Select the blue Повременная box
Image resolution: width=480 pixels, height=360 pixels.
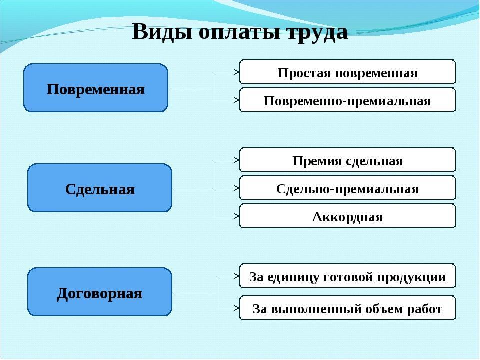click(x=96, y=88)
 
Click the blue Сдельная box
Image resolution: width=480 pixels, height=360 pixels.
click(x=100, y=188)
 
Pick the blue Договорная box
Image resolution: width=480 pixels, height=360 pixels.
click(x=100, y=292)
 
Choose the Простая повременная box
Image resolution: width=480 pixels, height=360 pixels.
click(x=348, y=72)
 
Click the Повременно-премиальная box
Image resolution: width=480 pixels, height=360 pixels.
click(x=348, y=100)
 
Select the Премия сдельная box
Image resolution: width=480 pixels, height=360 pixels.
click(x=348, y=160)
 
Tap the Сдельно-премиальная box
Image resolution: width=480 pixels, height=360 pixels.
click(x=348, y=188)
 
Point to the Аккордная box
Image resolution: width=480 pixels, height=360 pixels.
click(x=348, y=216)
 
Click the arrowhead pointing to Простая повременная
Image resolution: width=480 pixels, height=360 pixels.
click(x=236, y=72)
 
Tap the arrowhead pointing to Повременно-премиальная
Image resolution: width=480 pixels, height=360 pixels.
click(x=236, y=100)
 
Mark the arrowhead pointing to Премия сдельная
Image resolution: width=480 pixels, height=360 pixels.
click(x=236, y=160)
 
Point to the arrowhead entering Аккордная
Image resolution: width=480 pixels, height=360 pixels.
click(x=236, y=216)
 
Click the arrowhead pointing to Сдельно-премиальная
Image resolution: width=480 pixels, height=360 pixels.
click(x=236, y=188)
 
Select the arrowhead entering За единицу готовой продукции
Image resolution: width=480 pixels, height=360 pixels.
click(x=236, y=276)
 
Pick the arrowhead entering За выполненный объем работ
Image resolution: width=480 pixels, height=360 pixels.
click(x=236, y=308)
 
